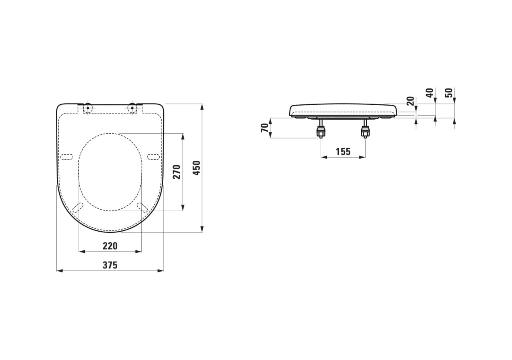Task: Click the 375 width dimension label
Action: point(110,265)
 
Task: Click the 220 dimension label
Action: point(110,246)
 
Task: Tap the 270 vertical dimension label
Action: point(177,172)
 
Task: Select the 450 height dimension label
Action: point(196,168)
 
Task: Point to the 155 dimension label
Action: point(343,152)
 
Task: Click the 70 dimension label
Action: point(264,128)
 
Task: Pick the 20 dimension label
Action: point(410,101)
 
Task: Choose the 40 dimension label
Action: point(430,93)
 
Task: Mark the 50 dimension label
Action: point(449,93)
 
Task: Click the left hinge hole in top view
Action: point(88,108)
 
